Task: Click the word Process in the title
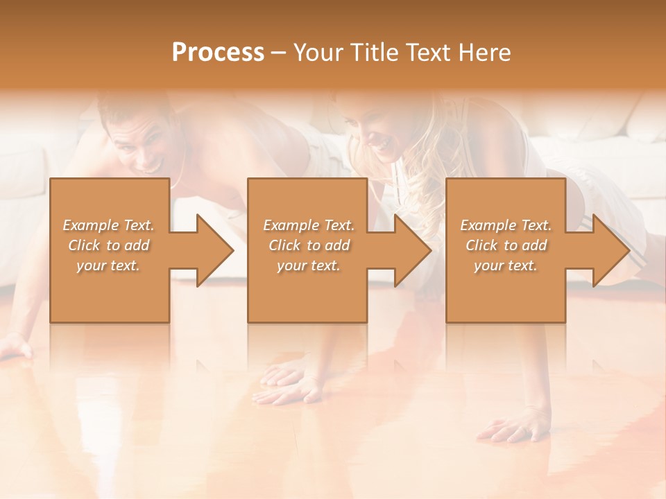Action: [x=218, y=52]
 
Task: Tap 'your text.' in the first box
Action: [x=108, y=265]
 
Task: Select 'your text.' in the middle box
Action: [x=308, y=265]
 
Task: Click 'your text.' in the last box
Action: [x=506, y=265]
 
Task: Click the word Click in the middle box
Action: [x=283, y=245]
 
